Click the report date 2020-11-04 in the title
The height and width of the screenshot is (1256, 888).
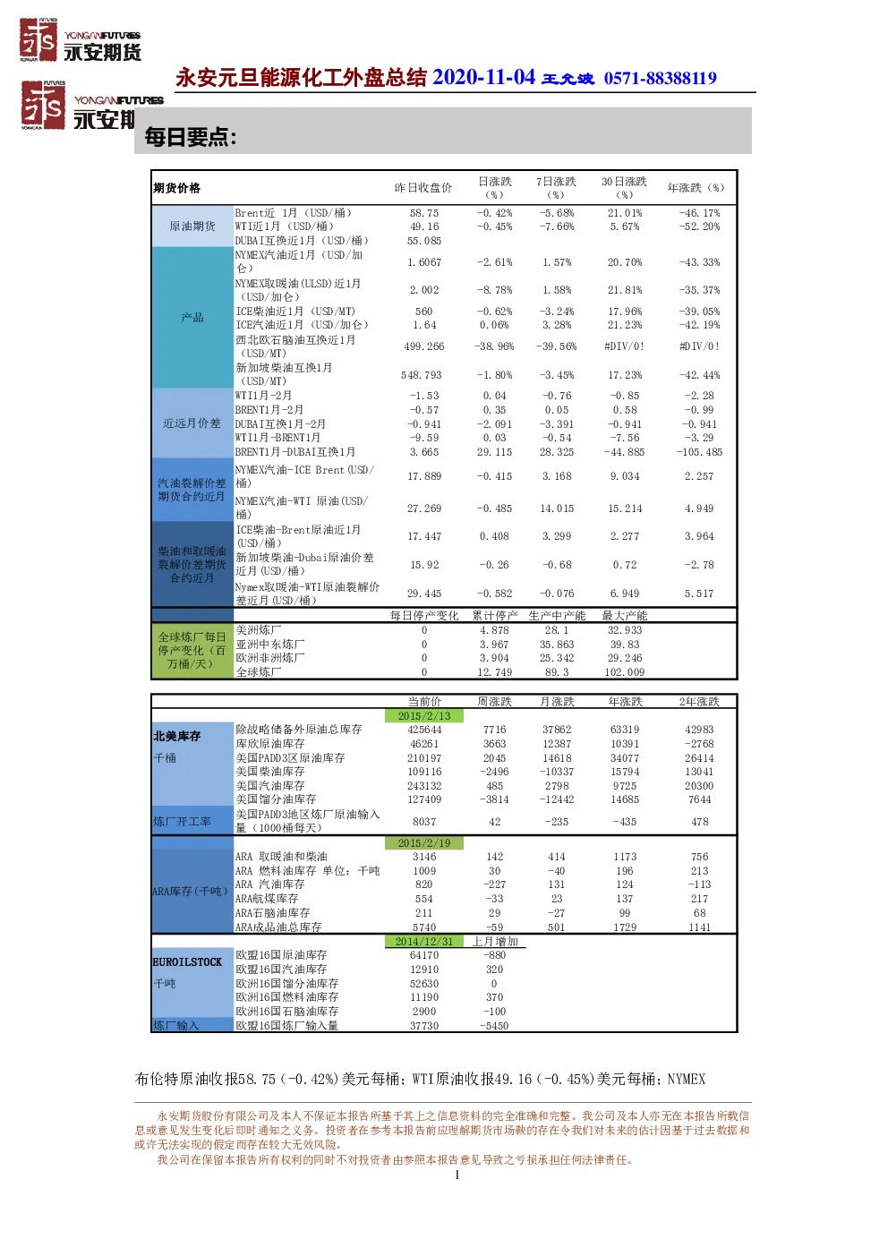pyautogui.click(x=483, y=77)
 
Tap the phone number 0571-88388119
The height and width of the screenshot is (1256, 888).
pyautogui.click(x=660, y=79)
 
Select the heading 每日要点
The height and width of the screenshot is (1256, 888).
pyautogui.click(x=190, y=137)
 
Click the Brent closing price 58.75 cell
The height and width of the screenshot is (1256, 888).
pyautogui.click(x=423, y=213)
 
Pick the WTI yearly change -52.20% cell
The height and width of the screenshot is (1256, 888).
pyautogui.click(x=699, y=226)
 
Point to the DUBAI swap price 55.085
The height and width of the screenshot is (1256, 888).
pyautogui.click(x=423, y=241)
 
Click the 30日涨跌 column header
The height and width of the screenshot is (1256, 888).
pyautogui.click(x=624, y=187)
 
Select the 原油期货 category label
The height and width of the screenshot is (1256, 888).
pyautogui.click(x=192, y=226)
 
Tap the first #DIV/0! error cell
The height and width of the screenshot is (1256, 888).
pyautogui.click(x=624, y=346)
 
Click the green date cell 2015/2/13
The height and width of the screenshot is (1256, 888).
pyautogui.click(x=423, y=716)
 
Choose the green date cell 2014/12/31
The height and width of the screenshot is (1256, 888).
pyautogui.click(x=423, y=942)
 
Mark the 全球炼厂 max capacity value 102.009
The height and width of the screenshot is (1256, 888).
pyautogui.click(x=624, y=671)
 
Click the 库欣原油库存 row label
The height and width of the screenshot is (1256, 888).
pyautogui.click(x=269, y=744)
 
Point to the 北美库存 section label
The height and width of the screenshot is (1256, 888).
pyautogui.click(x=176, y=736)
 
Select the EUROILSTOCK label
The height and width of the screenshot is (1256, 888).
pyautogui.click(x=187, y=962)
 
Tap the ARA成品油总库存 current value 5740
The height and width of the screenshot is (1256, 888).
pyautogui.click(x=423, y=927)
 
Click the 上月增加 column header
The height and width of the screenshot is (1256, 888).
pyautogui.click(x=494, y=942)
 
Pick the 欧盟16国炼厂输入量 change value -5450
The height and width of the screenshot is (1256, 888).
pyautogui.click(x=494, y=1026)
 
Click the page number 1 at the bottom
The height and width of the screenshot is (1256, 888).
pyautogui.click(x=457, y=1175)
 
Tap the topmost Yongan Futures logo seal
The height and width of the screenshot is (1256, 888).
pyautogui.click(x=38, y=39)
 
